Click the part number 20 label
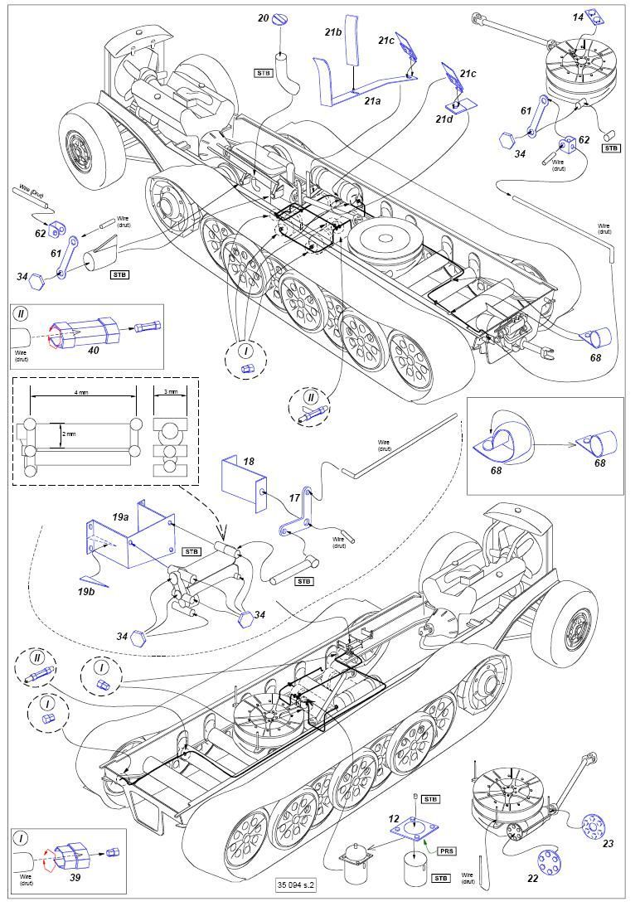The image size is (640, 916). (x=263, y=17)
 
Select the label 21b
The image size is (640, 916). (x=333, y=32)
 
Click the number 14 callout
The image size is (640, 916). (x=578, y=17)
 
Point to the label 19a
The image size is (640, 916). (x=122, y=516)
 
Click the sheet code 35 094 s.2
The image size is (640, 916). (x=298, y=884)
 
